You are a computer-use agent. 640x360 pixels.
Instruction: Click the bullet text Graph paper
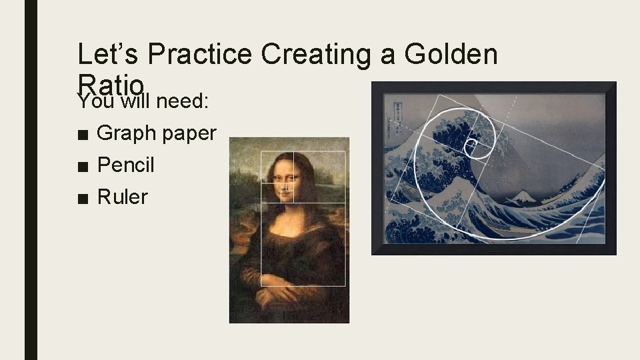[x=157, y=133]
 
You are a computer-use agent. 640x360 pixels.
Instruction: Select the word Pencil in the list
[x=125, y=165]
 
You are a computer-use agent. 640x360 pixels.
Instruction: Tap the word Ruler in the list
[x=122, y=197]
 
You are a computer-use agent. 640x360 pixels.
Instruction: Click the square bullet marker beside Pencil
[x=82, y=165]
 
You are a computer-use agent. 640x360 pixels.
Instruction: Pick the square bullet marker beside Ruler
[x=82, y=197]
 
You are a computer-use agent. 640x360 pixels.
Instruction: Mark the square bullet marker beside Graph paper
[x=82, y=134]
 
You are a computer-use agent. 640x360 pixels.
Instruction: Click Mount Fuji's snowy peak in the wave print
[x=522, y=195]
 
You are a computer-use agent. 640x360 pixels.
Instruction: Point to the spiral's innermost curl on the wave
[x=472, y=143]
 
